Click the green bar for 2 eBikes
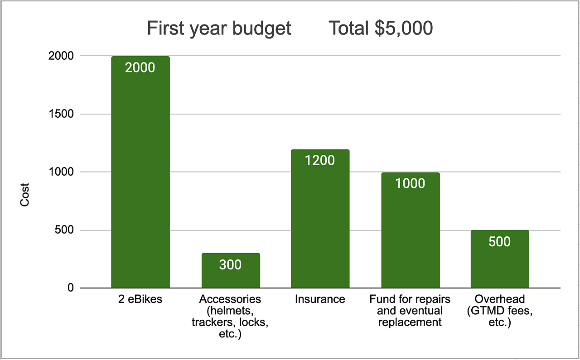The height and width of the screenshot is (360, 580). click(x=140, y=181)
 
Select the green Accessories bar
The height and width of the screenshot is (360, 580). click(x=231, y=276)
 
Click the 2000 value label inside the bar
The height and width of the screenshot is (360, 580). click(x=140, y=68)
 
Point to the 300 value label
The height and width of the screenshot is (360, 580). click(x=230, y=265)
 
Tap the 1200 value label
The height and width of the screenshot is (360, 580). click(x=320, y=161)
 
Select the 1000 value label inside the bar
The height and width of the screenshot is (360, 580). click(x=410, y=183)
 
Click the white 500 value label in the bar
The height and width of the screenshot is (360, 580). click(x=500, y=242)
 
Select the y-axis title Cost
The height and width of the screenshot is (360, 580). click(x=24, y=195)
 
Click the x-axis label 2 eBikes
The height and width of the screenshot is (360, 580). click(x=140, y=299)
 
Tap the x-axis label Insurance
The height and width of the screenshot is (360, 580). click(x=320, y=299)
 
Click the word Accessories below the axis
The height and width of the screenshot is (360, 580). click(x=230, y=299)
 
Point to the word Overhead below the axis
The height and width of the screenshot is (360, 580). click(x=500, y=299)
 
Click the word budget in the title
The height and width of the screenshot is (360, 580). click(x=261, y=29)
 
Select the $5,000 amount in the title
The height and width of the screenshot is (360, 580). click(x=403, y=29)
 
